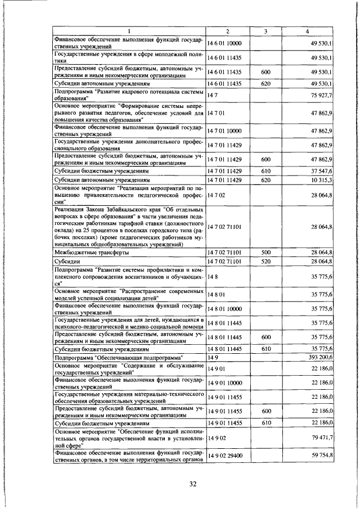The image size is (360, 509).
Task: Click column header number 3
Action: (x=266, y=31)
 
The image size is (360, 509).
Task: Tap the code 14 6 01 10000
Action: (x=224, y=43)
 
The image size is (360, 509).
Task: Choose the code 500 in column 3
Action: (x=266, y=253)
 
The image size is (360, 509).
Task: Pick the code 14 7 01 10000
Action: (x=224, y=131)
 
